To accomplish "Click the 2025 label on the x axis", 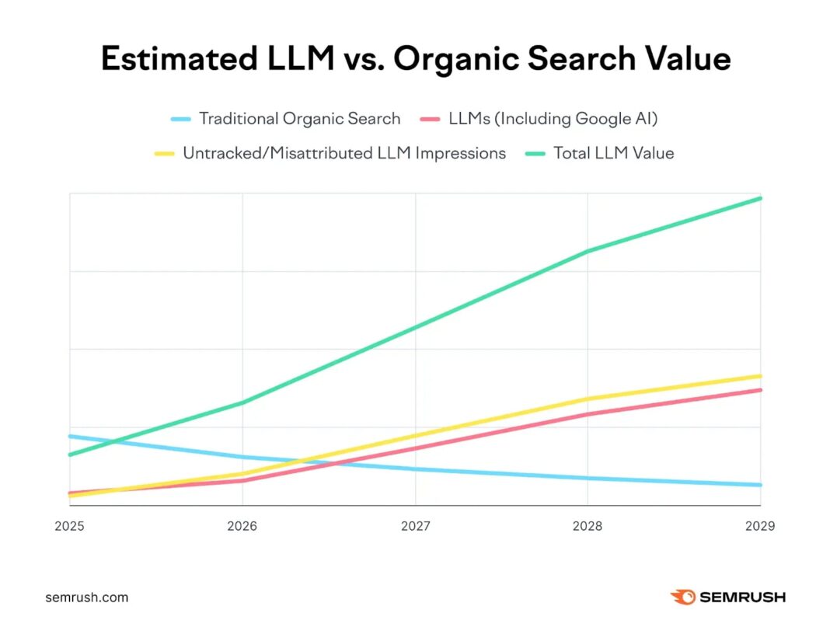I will tap(69, 526).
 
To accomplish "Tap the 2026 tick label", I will tap(242, 526).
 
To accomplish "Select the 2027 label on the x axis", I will tap(416, 526).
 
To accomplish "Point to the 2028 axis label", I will tap(588, 526).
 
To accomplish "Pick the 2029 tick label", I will tap(760, 526).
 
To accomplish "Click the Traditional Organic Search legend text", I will tap(299, 119).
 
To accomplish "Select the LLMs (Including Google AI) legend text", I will tap(553, 119).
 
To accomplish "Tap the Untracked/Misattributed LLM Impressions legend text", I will tap(344, 153).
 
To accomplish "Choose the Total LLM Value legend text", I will tap(613, 153).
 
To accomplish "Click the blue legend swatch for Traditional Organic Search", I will tap(180, 120).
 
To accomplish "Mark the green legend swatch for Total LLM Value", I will tap(535, 154).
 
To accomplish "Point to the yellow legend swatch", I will tap(164, 154).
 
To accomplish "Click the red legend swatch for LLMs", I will tap(430, 120).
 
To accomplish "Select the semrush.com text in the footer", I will tap(86, 597).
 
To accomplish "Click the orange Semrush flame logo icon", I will tap(682, 597).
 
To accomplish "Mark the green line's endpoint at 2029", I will tap(760, 198).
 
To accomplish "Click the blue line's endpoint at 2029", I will tap(760, 485).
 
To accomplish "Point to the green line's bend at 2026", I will tap(242, 402).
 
